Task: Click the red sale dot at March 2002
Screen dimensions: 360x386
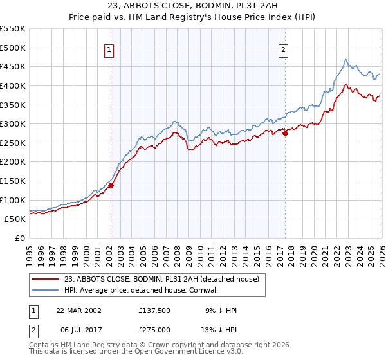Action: point(111,185)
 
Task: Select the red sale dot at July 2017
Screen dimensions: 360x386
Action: point(285,134)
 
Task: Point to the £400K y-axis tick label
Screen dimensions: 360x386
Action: point(12,85)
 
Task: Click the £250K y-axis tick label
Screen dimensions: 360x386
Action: point(12,143)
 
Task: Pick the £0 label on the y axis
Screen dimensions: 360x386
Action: point(19,238)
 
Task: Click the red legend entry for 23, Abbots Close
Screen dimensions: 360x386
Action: point(161,279)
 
